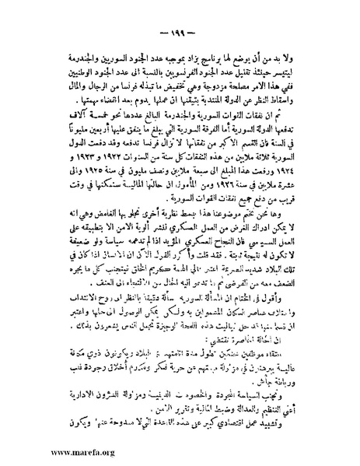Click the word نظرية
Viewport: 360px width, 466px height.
(195, 242)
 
